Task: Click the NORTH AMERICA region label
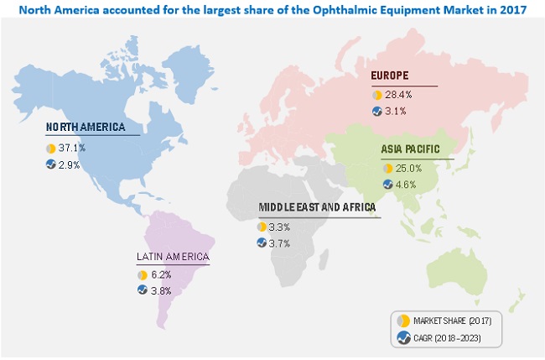[86, 128]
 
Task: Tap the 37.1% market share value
[72, 149]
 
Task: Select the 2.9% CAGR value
[70, 164]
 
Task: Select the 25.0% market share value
[409, 169]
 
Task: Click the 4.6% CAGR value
[407, 184]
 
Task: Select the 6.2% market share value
[162, 274]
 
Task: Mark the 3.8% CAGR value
[162, 290]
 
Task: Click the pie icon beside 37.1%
[51, 149]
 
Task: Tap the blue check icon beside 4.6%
[387, 184]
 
